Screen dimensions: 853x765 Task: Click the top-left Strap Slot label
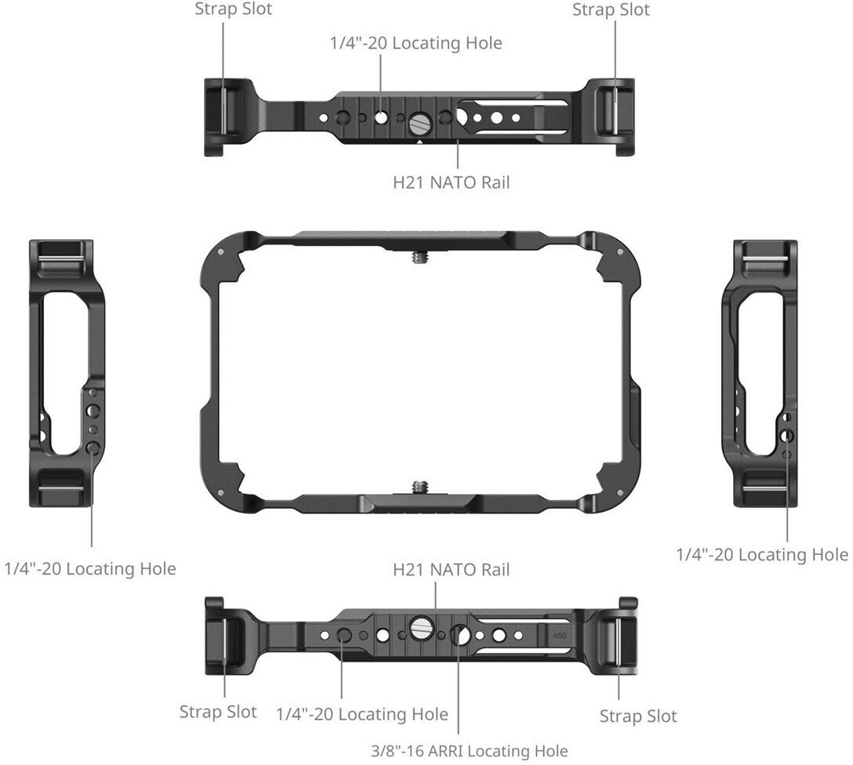(234, 9)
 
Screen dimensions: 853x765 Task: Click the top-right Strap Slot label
(611, 9)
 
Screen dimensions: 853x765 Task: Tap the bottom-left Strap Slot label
(218, 712)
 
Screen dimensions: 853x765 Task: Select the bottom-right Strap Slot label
(638, 716)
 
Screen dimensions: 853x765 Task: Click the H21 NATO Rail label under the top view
(452, 182)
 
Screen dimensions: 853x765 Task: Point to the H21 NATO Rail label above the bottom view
(452, 569)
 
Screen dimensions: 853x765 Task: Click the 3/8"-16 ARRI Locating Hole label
(470, 751)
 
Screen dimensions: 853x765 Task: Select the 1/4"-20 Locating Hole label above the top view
(416, 43)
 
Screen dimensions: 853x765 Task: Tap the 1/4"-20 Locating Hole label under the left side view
(90, 569)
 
